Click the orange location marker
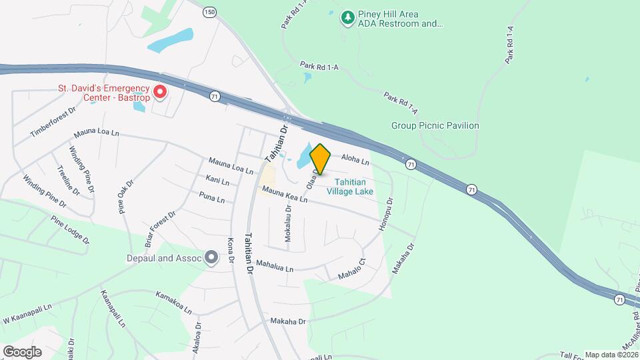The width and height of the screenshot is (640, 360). coord(321,159)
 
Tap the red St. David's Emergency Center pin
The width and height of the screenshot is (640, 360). coord(160,91)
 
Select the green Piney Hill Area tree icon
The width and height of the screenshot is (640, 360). coord(347,17)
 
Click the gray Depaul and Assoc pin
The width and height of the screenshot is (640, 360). coord(212,257)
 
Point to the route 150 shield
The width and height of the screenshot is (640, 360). coord(210,12)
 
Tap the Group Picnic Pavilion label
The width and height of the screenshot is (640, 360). coord(435,125)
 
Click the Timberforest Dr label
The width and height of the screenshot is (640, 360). coord(53,121)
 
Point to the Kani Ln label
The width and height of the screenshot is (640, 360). coord(217,181)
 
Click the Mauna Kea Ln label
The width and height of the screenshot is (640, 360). coord(284,195)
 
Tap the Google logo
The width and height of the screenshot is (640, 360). coord(22,351)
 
